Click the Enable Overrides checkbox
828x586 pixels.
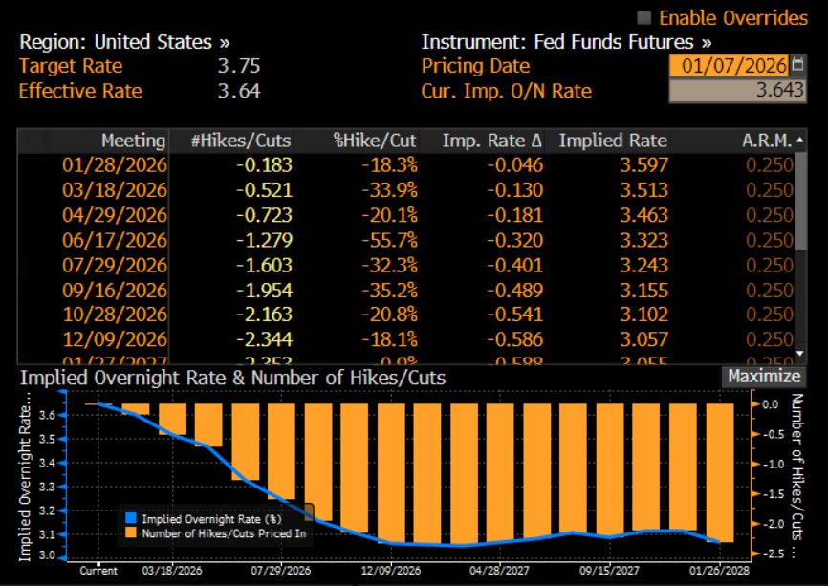click(x=644, y=17)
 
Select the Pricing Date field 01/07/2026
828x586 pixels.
click(x=728, y=66)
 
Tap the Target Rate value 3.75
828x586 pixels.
click(x=238, y=67)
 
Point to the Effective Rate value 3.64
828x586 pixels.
click(x=238, y=91)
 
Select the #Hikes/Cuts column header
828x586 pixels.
click(x=241, y=141)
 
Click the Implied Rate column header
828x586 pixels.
click(x=613, y=141)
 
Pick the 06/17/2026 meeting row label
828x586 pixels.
click(x=114, y=240)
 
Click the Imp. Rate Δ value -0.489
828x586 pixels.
click(x=516, y=290)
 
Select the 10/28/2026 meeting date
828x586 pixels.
click(x=114, y=315)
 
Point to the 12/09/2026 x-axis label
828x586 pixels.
click(x=391, y=571)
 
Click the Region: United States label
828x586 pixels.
click(x=124, y=42)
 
